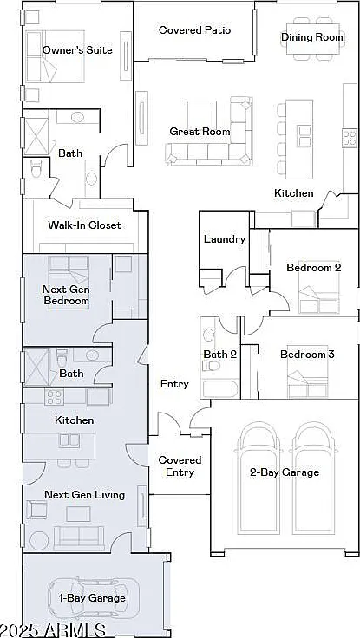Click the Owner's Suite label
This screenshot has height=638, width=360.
[77, 50]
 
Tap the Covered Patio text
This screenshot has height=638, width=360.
[194, 30]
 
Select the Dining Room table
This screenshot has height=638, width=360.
[313, 38]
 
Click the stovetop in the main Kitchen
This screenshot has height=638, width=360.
[350, 138]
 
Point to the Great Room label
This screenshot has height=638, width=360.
[200, 132]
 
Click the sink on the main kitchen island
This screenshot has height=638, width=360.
[304, 136]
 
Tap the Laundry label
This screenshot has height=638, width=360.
[225, 239]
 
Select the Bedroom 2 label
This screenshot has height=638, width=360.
[313, 268]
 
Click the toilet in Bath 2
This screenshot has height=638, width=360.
[211, 366]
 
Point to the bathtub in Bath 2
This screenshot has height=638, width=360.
[220, 389]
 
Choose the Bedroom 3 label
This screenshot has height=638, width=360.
[307, 355]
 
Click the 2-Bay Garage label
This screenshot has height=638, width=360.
[285, 472]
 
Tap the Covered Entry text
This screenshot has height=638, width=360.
[180, 466]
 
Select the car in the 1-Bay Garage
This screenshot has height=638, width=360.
[93, 598]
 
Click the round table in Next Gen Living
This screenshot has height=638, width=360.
[39, 541]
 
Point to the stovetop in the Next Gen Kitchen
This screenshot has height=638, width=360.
[54, 397]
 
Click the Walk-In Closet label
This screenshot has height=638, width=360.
[84, 225]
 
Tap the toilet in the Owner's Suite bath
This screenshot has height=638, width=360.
[36, 167]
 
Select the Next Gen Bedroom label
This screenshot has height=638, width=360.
[66, 295]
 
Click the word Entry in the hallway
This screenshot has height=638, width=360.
[174, 384]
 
